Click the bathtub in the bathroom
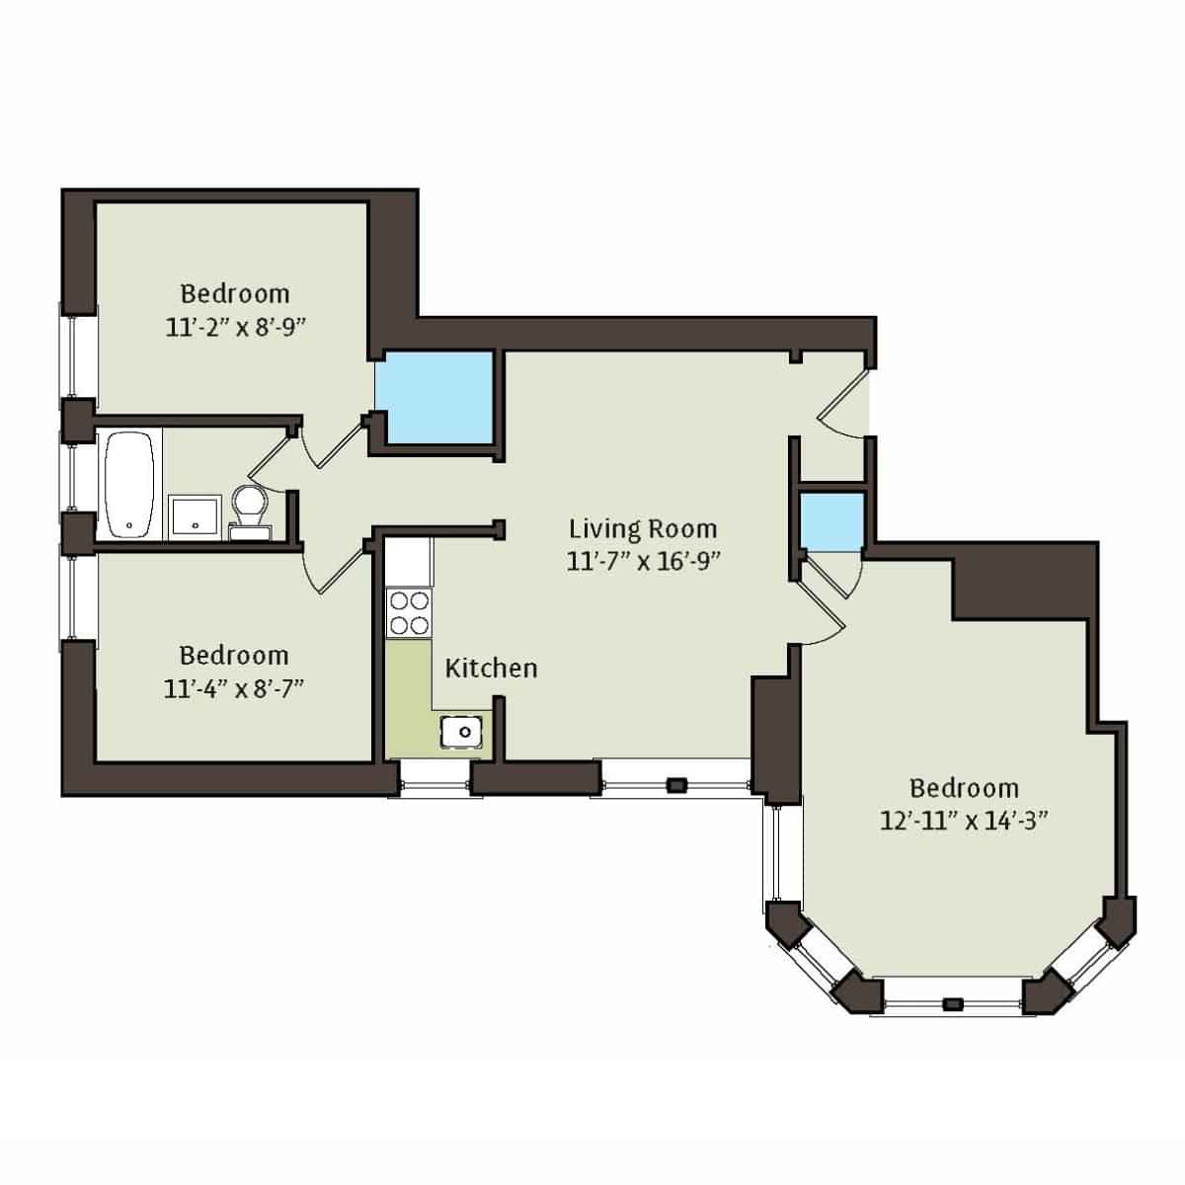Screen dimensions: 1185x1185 pos(129,484)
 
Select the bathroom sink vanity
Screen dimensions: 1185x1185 pos(194,516)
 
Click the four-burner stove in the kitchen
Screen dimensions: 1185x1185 pos(409,612)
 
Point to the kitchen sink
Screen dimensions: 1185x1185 pos(461,732)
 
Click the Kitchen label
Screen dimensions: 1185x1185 pos(491,669)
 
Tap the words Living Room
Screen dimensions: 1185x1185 pos(642,529)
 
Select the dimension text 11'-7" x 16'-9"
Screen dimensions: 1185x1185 pos(643,562)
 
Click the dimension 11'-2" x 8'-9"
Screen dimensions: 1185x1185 pos(234,327)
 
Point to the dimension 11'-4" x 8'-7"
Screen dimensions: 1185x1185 pos(233,688)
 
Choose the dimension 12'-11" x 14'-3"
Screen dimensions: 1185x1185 pos(964,821)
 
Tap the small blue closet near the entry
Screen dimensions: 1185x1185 pos(830,521)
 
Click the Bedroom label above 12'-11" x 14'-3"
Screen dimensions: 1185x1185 pos(964,788)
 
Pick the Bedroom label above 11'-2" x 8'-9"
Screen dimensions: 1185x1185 pos(235,293)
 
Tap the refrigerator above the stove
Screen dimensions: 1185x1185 pos(408,560)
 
